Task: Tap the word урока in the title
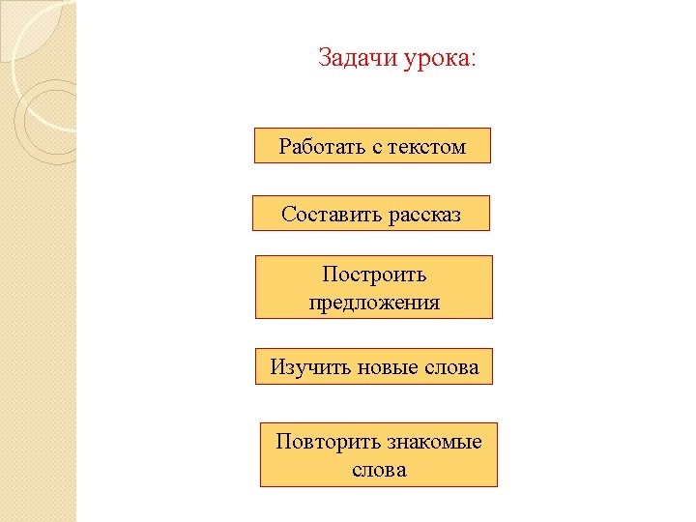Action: point(436,60)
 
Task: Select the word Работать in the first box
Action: point(323,146)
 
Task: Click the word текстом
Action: point(427,148)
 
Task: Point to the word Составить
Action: point(332,214)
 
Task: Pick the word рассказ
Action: point(424,217)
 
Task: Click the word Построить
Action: point(374,275)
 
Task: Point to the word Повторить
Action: point(328,442)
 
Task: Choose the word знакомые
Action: point(435,443)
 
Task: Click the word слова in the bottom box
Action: point(379,471)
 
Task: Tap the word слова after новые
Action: point(451,368)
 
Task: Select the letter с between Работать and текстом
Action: point(377,148)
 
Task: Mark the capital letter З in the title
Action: point(326,57)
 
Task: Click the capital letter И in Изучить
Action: point(277,367)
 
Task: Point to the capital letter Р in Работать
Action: point(285,146)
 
